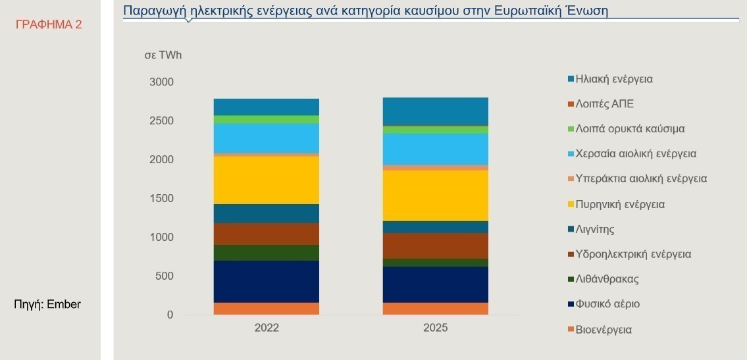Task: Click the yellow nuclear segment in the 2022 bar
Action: click(267, 180)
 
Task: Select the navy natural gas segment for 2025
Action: click(436, 284)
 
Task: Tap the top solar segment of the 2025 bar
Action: click(436, 111)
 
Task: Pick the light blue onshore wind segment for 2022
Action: click(267, 138)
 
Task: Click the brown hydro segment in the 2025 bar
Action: click(436, 245)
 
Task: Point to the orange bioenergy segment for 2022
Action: click(267, 309)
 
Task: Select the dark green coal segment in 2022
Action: click(267, 253)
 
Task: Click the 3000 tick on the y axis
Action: click(162, 82)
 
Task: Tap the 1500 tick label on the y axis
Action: click(162, 199)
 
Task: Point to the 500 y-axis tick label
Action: click(165, 276)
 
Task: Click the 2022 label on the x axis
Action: click(267, 328)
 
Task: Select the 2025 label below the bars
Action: click(436, 328)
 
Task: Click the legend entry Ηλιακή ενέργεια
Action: click(613, 79)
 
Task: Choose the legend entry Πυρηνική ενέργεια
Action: click(619, 205)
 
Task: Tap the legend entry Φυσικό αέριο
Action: click(607, 304)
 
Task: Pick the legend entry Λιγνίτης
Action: click(594, 230)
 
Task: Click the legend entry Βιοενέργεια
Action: click(603, 330)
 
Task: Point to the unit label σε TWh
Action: click(163, 55)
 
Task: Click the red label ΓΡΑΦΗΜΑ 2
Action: click(49, 25)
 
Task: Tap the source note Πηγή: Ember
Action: click(47, 304)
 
